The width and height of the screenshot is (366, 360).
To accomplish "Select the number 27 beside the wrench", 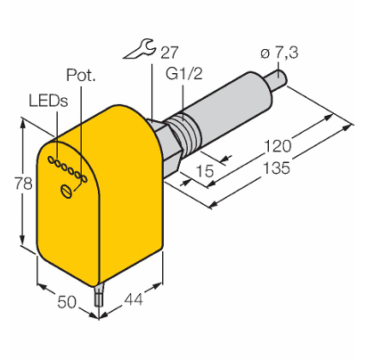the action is coord(169,53).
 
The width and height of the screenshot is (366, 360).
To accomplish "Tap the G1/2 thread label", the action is coord(184,73).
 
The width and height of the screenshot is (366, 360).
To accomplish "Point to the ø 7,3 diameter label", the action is coord(279,53).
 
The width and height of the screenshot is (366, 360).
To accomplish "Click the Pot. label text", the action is coord(81,75).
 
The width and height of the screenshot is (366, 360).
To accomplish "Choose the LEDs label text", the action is coord(48,101).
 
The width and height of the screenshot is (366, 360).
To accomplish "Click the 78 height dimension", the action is coord(23,184).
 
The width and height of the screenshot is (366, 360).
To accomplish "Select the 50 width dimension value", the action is coord(67,302).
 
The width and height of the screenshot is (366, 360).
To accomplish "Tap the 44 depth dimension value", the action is coord(134,299).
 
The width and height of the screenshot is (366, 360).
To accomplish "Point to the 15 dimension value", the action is coord(205,170).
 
